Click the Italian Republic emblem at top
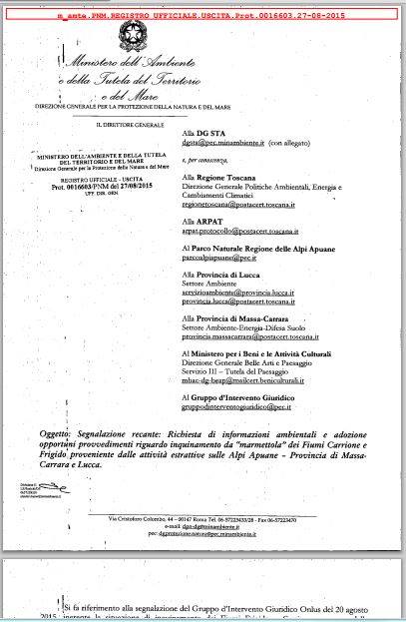click(130, 37)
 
